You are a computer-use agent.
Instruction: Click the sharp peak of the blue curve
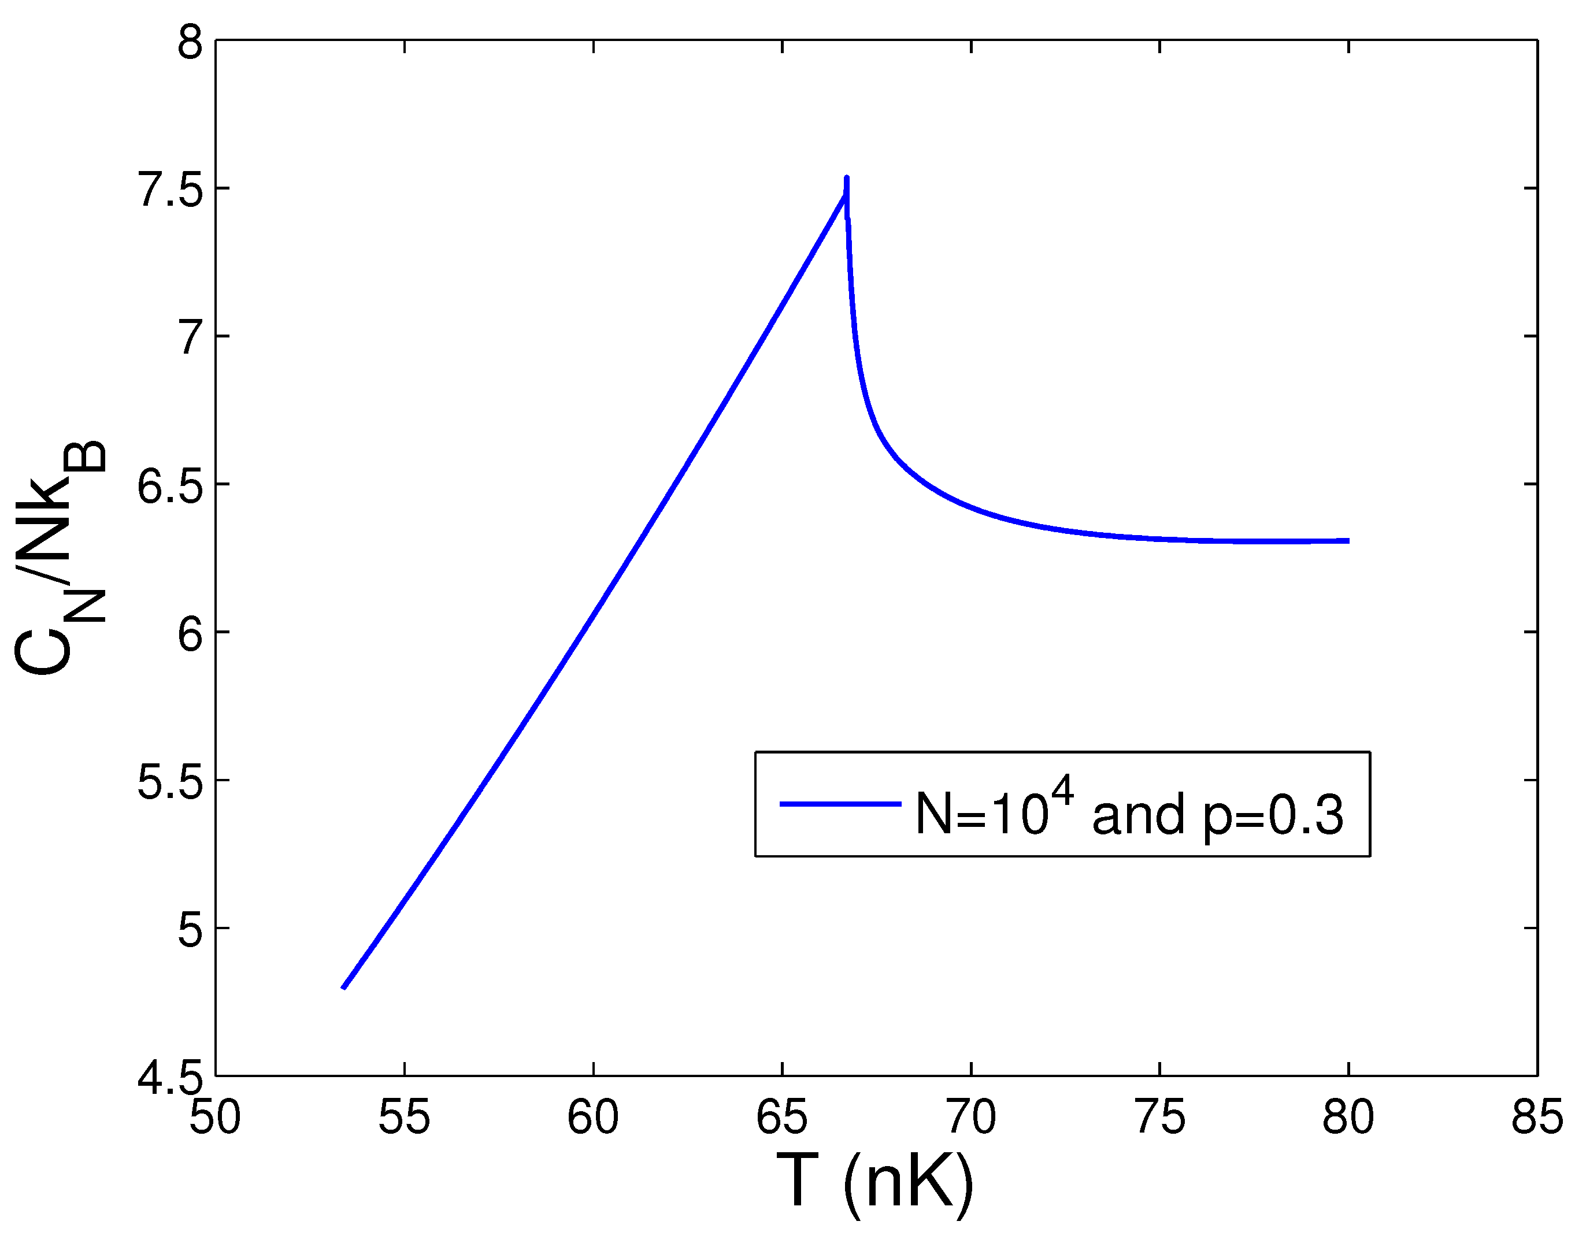point(846,178)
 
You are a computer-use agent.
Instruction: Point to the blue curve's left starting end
point(344,987)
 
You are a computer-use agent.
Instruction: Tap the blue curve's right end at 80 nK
point(1347,540)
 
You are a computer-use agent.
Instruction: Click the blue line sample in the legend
point(840,804)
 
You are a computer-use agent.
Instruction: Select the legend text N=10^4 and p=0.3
point(1129,812)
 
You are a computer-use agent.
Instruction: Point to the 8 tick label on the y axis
point(190,45)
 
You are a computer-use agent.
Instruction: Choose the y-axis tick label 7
point(190,338)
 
